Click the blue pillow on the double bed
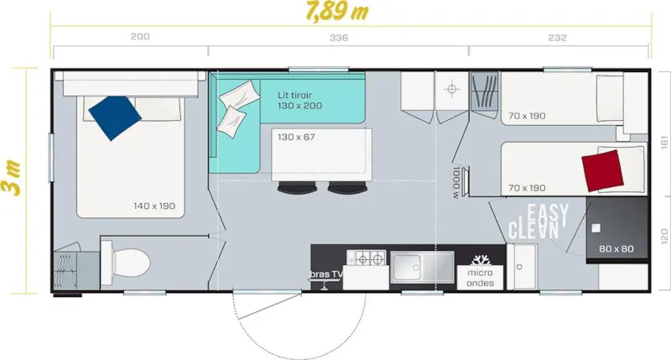pos(114,117)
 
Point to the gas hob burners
pos(367,258)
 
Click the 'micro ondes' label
pos(481,277)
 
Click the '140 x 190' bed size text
pos(153,206)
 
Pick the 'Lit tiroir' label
pos(299,95)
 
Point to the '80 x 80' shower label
pos(616,249)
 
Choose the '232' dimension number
pos(555,38)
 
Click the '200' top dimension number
pos(141,38)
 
